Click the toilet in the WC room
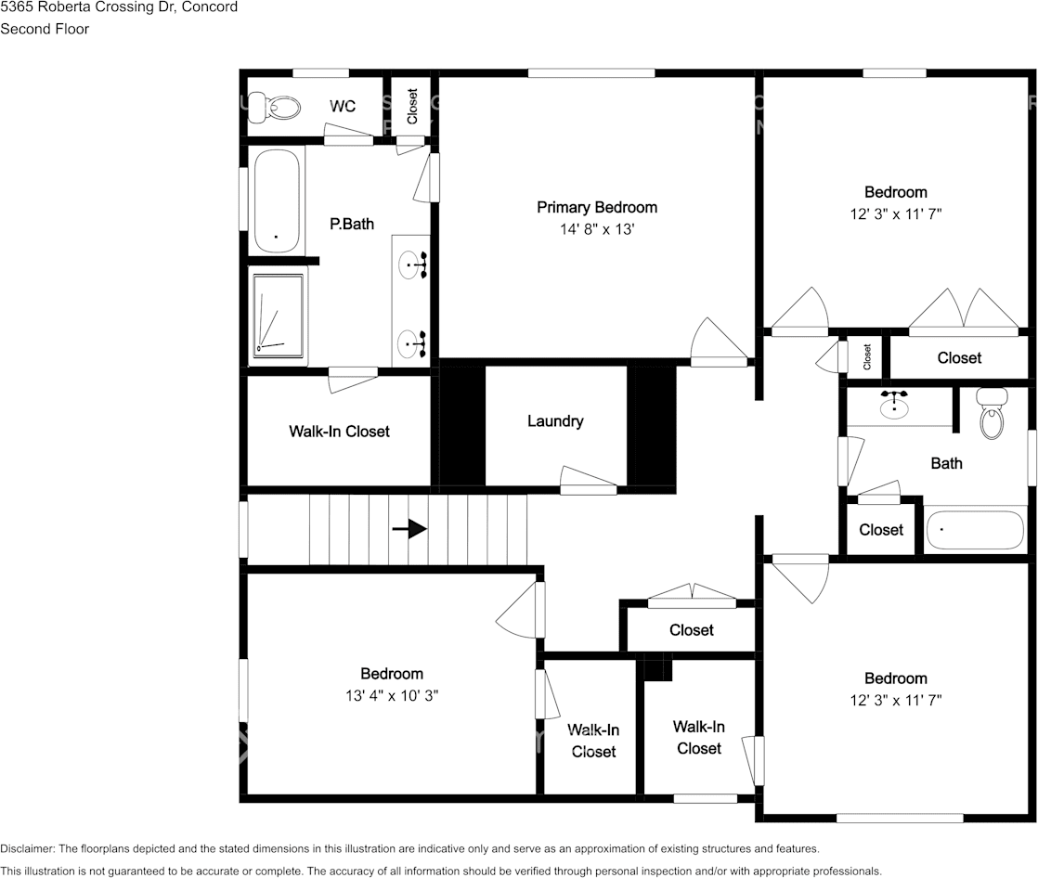(x=274, y=107)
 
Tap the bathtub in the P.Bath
(x=277, y=200)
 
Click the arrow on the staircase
(x=409, y=529)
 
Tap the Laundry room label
(x=555, y=420)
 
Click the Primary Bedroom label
(x=596, y=207)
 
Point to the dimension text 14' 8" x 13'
(x=597, y=229)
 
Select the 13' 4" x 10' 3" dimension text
(x=392, y=695)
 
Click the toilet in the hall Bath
(x=993, y=413)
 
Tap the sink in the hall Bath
(x=894, y=405)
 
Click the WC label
(x=343, y=107)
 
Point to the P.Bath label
(x=352, y=225)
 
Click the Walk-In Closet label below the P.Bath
(x=339, y=432)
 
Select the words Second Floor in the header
(x=45, y=29)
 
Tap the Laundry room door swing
(x=588, y=481)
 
